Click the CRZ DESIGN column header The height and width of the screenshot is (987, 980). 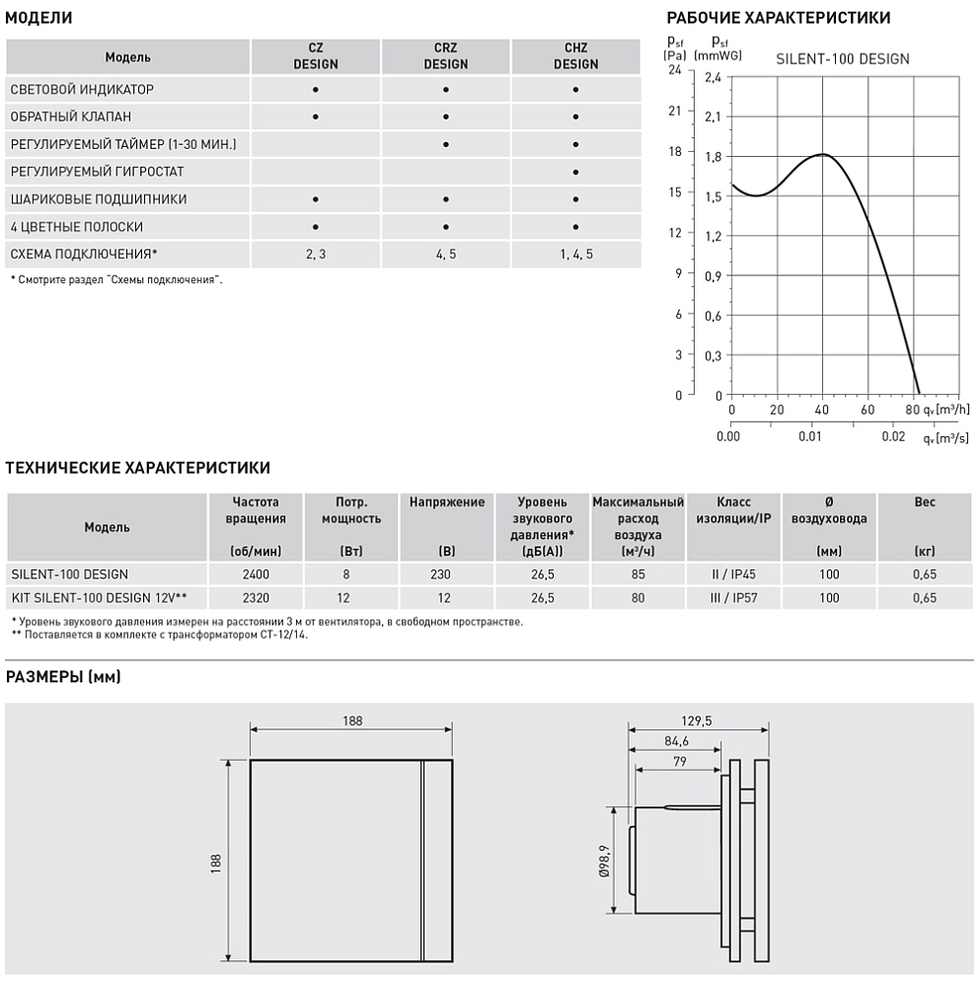pos(446,56)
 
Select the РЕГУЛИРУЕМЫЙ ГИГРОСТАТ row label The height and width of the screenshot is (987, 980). pos(97,172)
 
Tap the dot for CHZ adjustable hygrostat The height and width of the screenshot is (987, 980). pos(575,172)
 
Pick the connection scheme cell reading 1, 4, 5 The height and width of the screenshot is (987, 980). pos(575,255)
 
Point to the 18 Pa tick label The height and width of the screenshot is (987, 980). pos(675,152)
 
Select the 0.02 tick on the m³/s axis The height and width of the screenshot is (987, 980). pos(893,435)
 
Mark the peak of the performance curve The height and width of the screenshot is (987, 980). pos(822,155)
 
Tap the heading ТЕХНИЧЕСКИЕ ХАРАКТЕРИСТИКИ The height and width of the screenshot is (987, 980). pos(138,468)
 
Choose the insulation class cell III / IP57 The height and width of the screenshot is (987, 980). pos(733,597)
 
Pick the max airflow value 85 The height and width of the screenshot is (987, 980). pos(638,573)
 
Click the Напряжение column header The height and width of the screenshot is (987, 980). pos(446,502)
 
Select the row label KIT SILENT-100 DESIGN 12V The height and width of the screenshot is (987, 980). pos(99,597)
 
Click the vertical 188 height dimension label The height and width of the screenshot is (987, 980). pos(217,862)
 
